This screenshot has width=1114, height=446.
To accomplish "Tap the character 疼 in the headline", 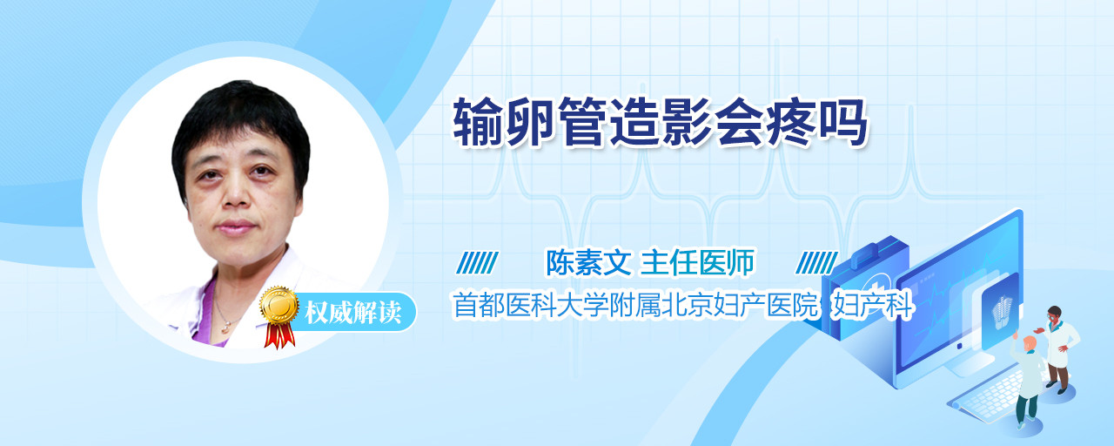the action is [791, 122].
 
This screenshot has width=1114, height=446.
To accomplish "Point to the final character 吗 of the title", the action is [843, 122].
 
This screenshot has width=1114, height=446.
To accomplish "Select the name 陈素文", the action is [588, 262].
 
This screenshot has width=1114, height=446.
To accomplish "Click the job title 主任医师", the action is [697, 262].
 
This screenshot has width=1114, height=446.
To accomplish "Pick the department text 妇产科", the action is [873, 305].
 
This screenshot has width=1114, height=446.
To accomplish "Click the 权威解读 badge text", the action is [353, 313].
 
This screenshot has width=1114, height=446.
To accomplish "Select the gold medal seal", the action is [279, 305].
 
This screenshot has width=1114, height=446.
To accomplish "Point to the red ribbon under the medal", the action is [279, 335].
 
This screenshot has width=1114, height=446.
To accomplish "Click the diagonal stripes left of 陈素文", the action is [477, 263].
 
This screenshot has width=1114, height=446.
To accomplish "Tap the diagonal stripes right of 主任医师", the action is [816, 263].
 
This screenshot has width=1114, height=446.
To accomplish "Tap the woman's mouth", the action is [235, 227].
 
